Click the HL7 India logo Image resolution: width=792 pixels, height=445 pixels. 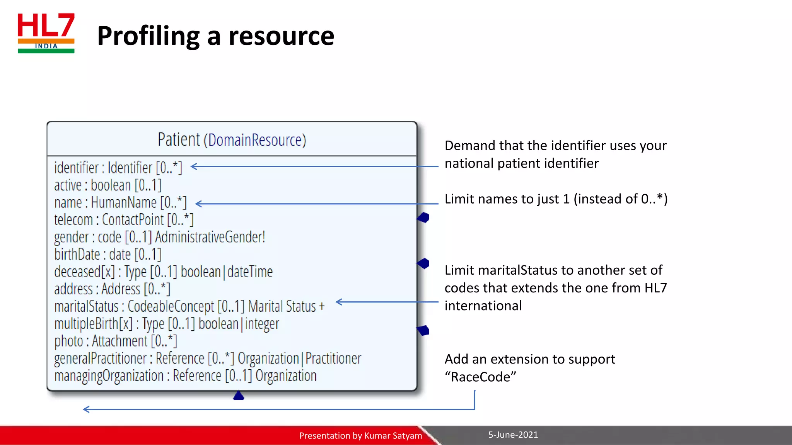click(46, 33)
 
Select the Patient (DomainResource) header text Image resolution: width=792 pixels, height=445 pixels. click(232, 140)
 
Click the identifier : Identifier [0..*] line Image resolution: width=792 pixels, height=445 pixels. click(118, 168)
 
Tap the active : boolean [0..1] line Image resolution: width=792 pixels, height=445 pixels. click(108, 185)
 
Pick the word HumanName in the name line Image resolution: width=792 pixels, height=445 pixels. click(124, 202)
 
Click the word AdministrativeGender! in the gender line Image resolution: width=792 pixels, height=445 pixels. click(210, 237)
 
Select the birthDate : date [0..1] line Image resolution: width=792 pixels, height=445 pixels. click(108, 255)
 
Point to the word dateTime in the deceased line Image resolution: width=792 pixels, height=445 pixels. click(250, 272)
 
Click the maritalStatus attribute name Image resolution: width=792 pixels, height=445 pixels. click(86, 306)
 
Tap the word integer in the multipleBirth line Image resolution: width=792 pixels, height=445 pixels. click(262, 324)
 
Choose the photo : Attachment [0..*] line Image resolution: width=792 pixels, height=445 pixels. click(116, 341)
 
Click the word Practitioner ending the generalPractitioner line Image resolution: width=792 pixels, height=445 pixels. click(333, 358)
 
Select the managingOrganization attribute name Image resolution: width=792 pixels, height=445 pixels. click(109, 376)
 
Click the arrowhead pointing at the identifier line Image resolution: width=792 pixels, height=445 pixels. click(194, 166)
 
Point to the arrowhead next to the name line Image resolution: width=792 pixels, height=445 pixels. click(199, 204)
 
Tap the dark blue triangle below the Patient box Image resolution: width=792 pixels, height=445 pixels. click(239, 396)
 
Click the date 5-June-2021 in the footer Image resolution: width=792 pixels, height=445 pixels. click(513, 435)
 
